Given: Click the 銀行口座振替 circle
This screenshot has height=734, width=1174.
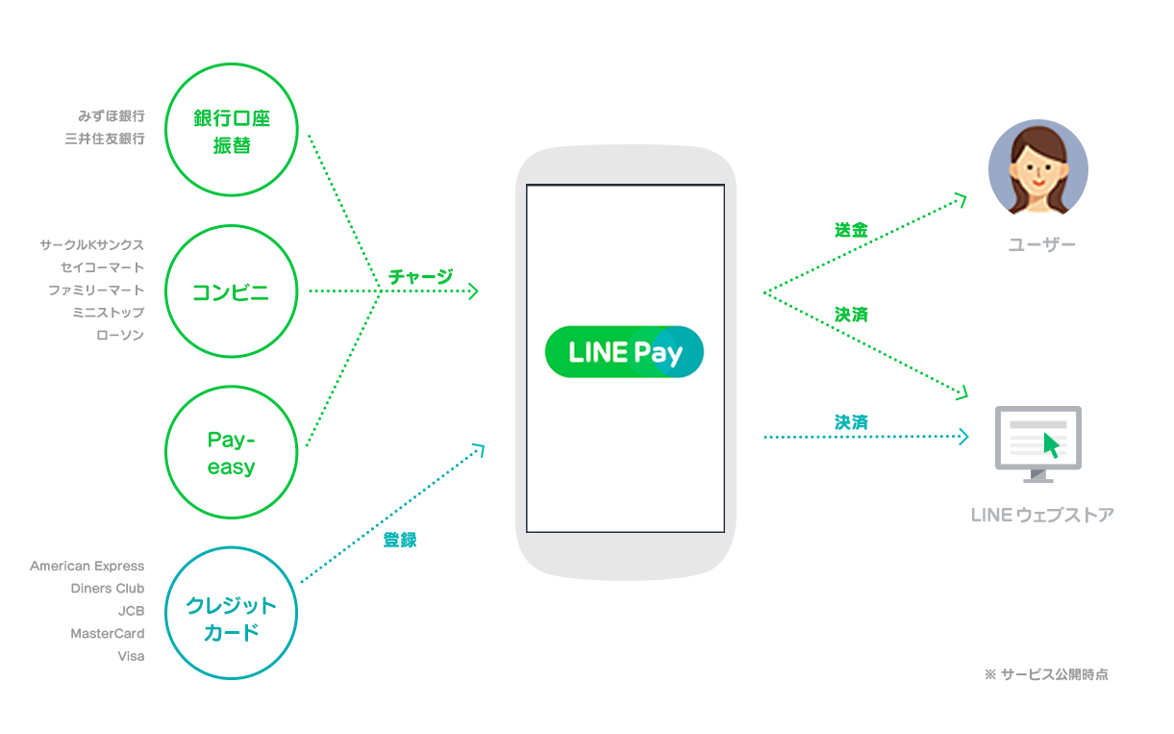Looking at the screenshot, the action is click(x=232, y=130).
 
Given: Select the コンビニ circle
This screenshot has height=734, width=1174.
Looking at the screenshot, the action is click(x=232, y=291).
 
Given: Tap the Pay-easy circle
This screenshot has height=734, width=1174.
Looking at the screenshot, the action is click(x=232, y=453).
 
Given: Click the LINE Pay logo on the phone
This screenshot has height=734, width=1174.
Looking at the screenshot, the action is click(x=624, y=352).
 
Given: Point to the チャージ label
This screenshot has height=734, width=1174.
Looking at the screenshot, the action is click(x=420, y=276).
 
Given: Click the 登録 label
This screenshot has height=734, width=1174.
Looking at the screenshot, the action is click(x=400, y=540).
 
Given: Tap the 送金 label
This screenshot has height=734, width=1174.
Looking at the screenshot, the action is click(x=851, y=230).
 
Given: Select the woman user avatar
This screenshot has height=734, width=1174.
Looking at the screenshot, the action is click(x=1038, y=167).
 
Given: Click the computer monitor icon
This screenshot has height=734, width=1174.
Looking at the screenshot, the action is click(x=1037, y=443).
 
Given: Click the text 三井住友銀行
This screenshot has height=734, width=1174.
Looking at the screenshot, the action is click(x=105, y=139).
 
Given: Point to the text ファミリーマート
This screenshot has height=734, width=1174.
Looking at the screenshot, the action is click(x=96, y=290).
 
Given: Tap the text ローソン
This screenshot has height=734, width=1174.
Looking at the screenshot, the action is click(x=120, y=335).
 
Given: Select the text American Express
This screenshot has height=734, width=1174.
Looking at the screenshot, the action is click(x=87, y=566).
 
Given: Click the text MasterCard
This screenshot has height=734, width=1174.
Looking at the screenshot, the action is click(x=108, y=633).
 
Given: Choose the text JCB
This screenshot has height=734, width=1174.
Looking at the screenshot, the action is click(x=131, y=611).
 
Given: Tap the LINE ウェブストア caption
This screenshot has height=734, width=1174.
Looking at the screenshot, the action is click(x=1042, y=515).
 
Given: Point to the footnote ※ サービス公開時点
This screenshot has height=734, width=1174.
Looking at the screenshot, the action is click(x=1046, y=674).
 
